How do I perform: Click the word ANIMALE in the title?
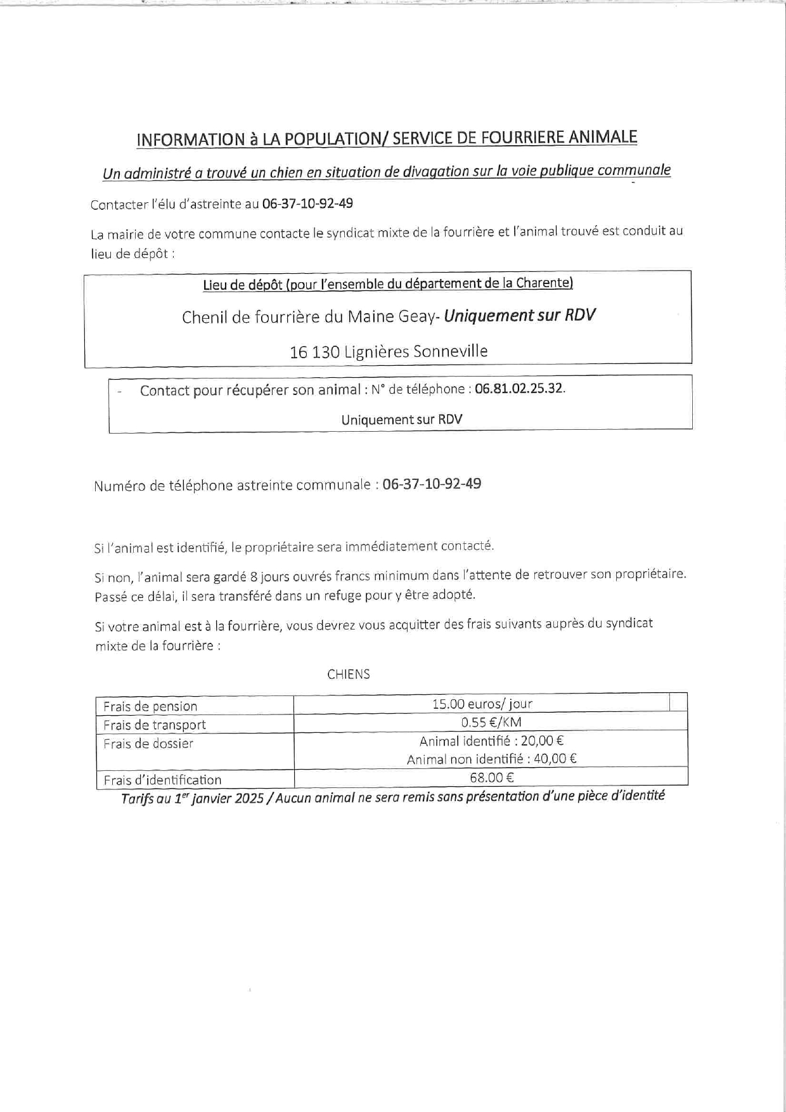click(602, 138)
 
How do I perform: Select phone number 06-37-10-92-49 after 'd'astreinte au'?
click(307, 204)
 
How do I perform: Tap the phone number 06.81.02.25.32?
click(519, 389)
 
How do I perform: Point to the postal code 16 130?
click(314, 352)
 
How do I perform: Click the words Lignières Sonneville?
click(416, 351)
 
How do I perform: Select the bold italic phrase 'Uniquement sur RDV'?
click(519, 315)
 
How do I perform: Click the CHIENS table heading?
click(348, 674)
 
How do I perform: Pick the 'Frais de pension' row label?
click(150, 706)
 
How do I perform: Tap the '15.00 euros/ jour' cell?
click(482, 704)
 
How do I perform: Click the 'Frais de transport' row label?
click(155, 725)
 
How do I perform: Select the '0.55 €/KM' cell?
click(491, 722)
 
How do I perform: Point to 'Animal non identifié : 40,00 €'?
click(491, 759)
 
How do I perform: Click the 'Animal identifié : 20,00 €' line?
click(491, 740)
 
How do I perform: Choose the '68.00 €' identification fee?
click(491, 777)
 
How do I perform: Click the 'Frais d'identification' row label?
click(162, 780)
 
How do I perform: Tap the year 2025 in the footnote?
click(249, 798)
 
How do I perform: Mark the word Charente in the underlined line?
click(543, 283)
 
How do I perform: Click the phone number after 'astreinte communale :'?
click(432, 484)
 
